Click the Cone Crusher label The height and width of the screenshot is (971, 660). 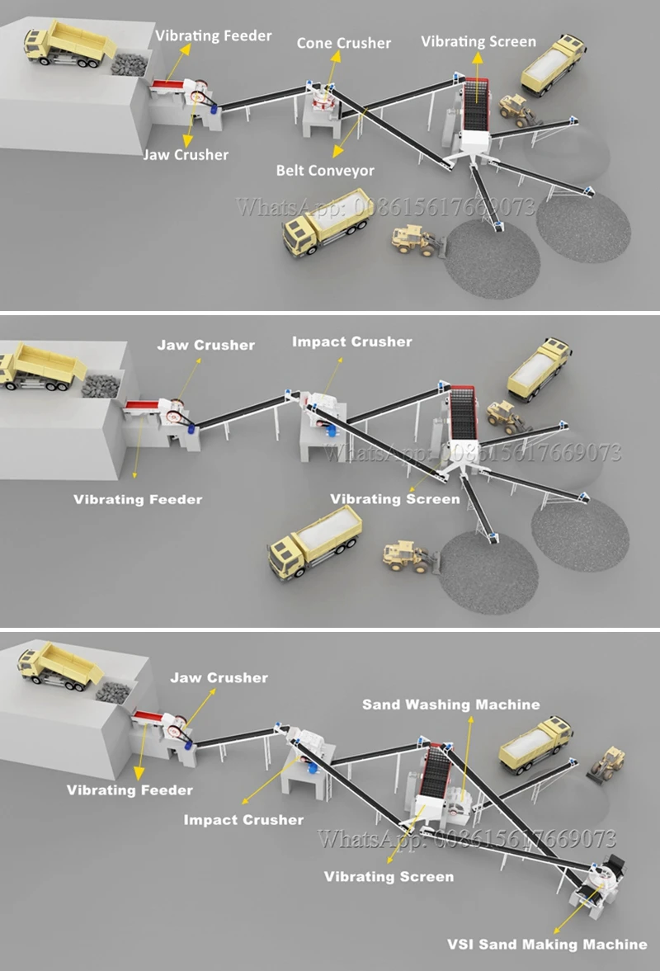[x=343, y=43]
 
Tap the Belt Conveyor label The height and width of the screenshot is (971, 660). [x=325, y=171]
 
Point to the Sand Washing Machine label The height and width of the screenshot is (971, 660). [x=451, y=705]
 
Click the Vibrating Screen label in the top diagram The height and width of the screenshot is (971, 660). [x=478, y=41]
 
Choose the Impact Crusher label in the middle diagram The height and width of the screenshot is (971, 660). [x=352, y=342]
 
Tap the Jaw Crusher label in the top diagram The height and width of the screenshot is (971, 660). [x=186, y=154]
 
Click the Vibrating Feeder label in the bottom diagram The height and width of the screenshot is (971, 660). [x=130, y=790]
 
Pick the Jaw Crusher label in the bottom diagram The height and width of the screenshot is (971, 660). [x=219, y=678]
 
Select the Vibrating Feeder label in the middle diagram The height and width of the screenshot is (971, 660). [x=138, y=499]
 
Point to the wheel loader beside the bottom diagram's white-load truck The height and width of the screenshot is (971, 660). [x=607, y=763]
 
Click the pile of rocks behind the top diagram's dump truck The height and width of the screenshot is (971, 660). [x=129, y=64]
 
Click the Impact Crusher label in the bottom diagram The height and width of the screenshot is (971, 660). [x=243, y=820]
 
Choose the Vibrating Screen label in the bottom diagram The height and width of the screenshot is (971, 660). [x=389, y=876]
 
